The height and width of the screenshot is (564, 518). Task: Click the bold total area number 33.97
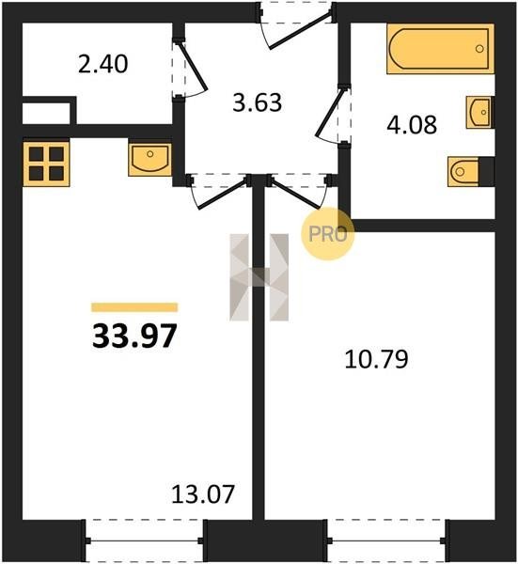[x=134, y=337]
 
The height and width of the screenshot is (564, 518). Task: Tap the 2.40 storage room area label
[x=102, y=64]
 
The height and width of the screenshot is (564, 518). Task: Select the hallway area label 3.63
[x=258, y=102]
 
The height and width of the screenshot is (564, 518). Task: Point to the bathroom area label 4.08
[x=412, y=124]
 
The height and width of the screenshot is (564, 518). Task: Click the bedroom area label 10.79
[x=376, y=359]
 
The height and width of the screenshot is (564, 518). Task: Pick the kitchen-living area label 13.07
[x=203, y=494]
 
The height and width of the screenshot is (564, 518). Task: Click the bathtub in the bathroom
[x=440, y=49]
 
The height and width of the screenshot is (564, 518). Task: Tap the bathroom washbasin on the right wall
[x=479, y=112]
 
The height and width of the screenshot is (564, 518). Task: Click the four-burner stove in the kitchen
[x=46, y=164]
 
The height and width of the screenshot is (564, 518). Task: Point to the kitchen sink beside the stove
[x=150, y=160]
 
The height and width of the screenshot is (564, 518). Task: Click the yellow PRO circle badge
[x=328, y=234]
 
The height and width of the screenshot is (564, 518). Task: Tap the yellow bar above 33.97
[x=134, y=307]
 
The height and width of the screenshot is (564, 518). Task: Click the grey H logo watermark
[x=259, y=277]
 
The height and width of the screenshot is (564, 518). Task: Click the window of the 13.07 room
[x=145, y=540]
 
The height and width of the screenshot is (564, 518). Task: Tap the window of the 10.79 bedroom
[x=387, y=540]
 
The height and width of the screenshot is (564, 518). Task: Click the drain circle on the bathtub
[x=479, y=49]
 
